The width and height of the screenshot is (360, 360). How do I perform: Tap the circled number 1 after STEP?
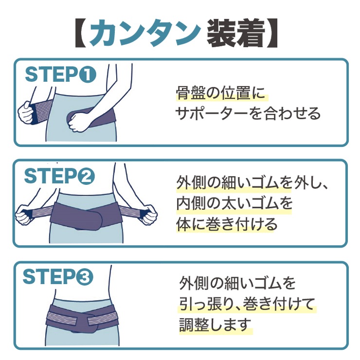(88, 74)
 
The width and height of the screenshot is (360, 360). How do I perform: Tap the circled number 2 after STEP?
(86, 176)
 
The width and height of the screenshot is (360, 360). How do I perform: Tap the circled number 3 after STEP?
(85, 277)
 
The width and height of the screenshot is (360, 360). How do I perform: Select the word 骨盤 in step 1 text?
(191, 93)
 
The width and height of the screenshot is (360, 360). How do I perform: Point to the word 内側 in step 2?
(191, 204)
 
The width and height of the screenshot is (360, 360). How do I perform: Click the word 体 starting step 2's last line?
(183, 224)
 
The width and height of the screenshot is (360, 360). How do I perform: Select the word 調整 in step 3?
(194, 325)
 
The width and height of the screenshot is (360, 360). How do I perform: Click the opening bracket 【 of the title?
(81, 34)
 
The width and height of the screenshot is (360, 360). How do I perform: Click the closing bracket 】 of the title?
(272, 34)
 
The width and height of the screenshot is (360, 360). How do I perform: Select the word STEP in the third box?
(49, 277)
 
